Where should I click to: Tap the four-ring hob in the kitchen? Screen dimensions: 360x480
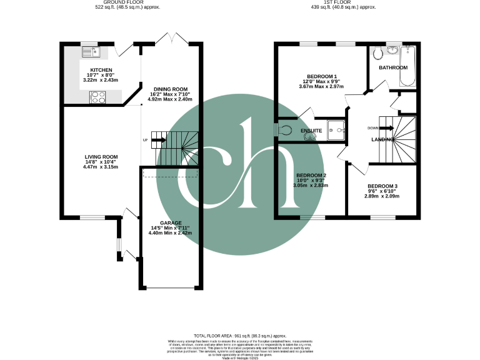click(99, 97)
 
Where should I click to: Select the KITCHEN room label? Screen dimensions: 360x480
click(101, 70)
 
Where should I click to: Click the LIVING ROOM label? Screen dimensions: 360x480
click(101, 157)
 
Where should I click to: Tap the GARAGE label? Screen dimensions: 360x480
click(170, 223)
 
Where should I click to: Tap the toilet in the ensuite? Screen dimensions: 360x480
click(284, 130)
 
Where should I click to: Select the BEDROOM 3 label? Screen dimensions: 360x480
click(382, 186)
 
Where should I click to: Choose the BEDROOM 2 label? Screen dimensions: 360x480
click(311, 175)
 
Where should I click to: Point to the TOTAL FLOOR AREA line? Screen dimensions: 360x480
click(239, 336)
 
